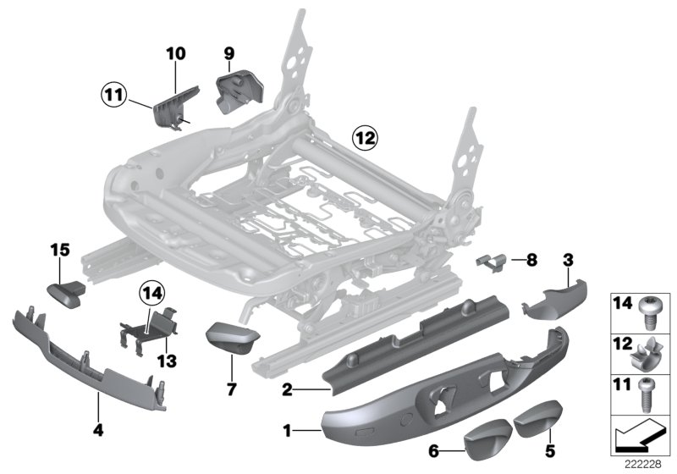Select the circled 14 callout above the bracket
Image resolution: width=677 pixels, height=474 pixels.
click(150, 295)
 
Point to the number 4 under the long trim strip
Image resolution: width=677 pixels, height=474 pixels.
click(98, 430)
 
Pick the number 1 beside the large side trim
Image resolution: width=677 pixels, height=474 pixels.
click(288, 432)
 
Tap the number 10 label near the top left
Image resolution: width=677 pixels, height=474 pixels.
click(175, 53)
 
